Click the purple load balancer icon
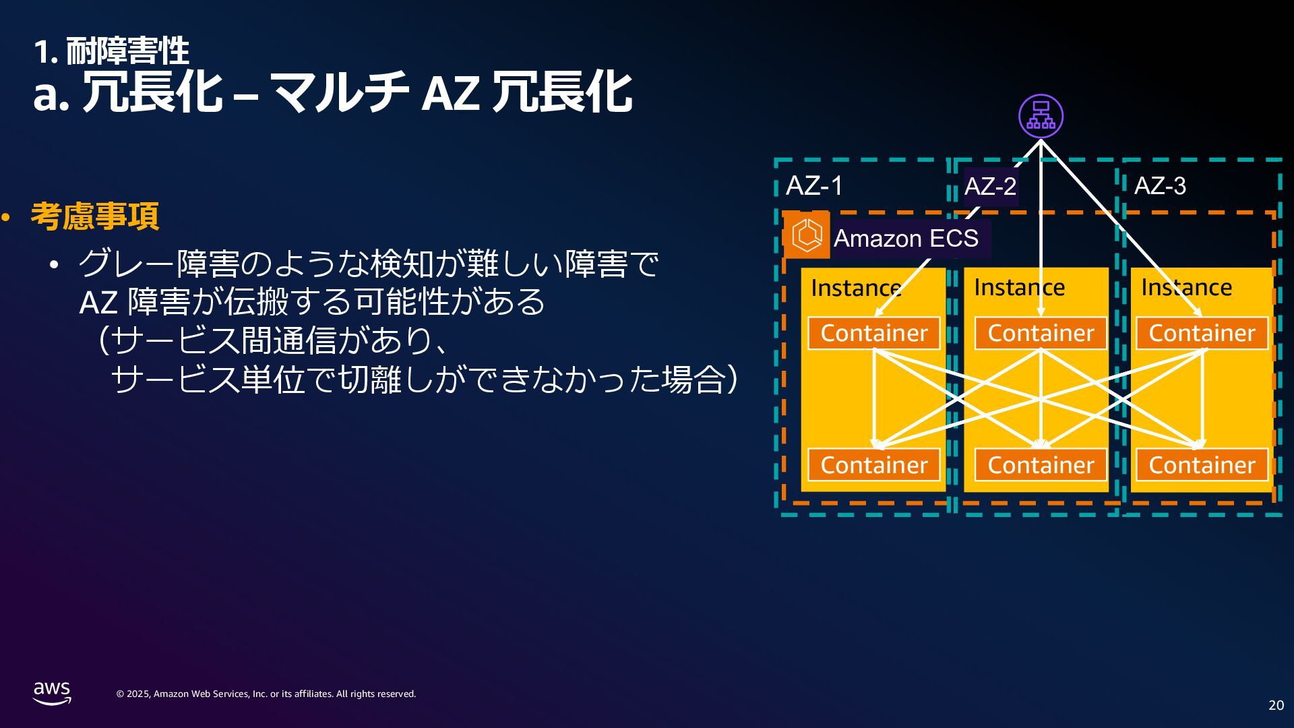(1041, 116)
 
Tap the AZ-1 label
(814, 186)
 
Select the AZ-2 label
(990, 186)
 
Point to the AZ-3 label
(1160, 186)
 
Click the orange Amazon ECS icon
(807, 235)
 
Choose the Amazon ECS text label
(906, 239)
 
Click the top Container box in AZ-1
(874, 333)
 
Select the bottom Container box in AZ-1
(874, 465)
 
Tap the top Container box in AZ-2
(1041, 333)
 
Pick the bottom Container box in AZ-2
(1041, 465)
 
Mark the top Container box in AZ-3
(1202, 333)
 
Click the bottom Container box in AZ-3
(1202, 465)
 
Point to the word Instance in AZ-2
(1019, 288)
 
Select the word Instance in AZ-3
(1186, 288)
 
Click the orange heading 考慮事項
(95, 216)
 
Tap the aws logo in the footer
(52, 692)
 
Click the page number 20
(1276, 705)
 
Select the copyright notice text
(266, 694)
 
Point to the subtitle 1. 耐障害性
(112, 51)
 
